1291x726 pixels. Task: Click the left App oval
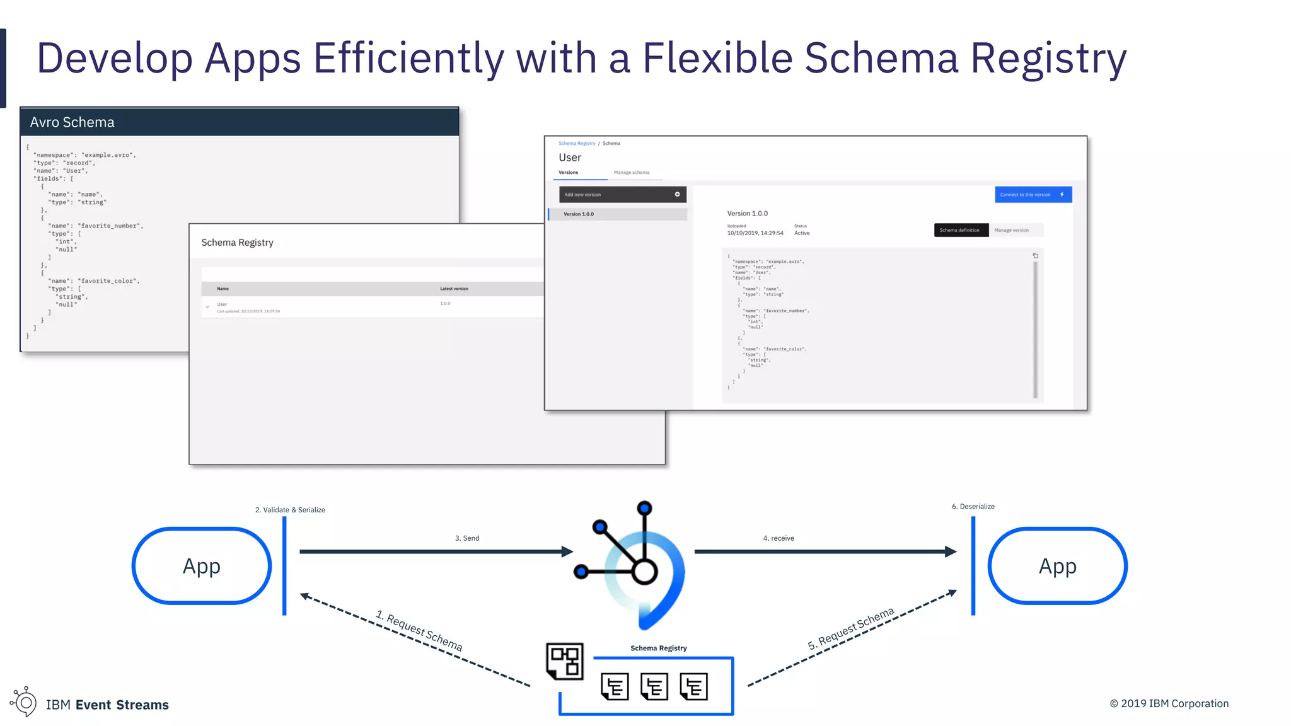202,566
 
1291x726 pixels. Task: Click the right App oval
1057,566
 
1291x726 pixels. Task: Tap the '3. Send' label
467,538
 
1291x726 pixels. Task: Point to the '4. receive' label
779,538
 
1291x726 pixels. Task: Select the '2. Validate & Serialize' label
290,510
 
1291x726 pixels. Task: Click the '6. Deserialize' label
973,507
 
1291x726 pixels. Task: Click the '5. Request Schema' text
851,628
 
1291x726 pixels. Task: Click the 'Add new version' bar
622,195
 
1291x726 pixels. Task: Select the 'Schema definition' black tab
960,230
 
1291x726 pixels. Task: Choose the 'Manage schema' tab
631,173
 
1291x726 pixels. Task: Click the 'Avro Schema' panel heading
72,122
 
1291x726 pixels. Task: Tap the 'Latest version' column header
454,289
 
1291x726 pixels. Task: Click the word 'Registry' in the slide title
1048,58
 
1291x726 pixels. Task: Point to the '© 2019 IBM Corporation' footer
1169,703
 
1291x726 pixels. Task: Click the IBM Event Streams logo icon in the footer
24,701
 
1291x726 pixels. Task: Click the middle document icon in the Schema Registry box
654,686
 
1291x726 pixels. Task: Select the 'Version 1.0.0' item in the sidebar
579,214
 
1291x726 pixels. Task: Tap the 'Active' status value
802,233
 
